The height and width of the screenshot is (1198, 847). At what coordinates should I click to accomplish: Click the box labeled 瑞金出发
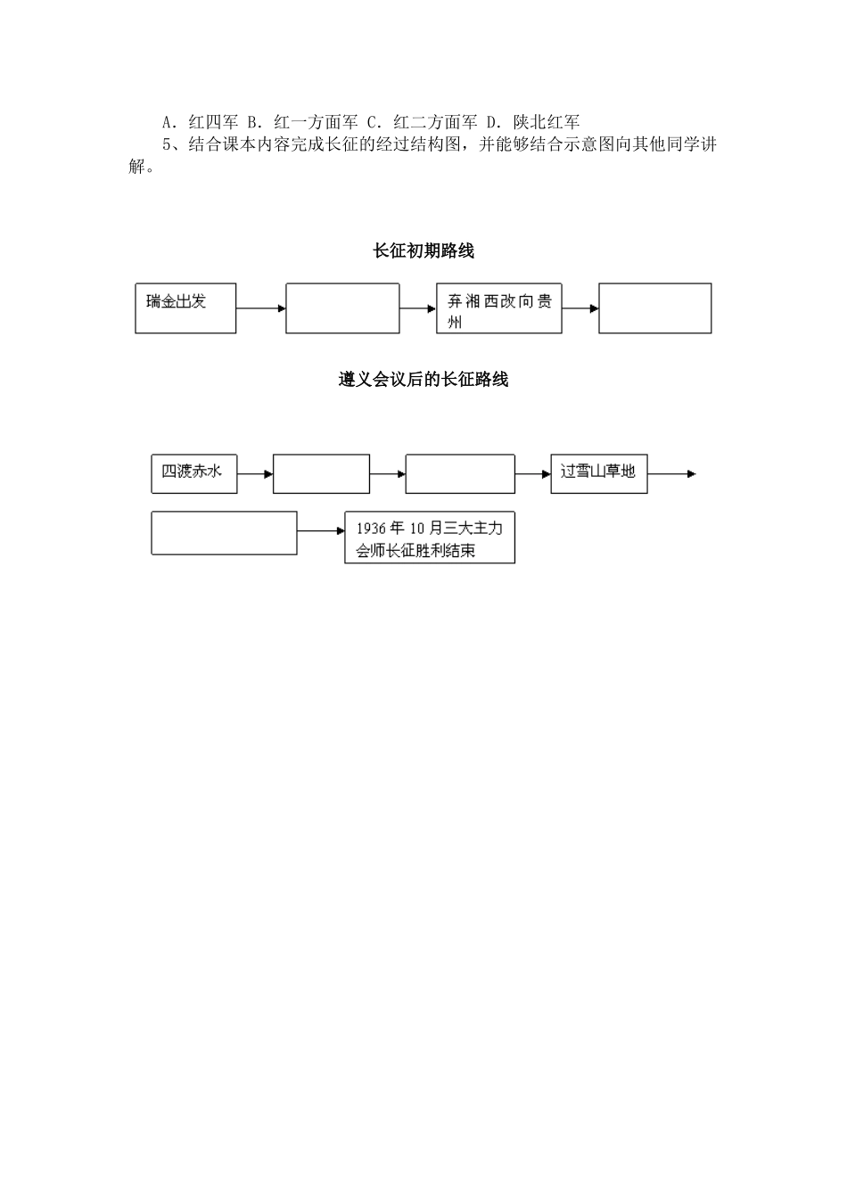pyautogui.click(x=185, y=308)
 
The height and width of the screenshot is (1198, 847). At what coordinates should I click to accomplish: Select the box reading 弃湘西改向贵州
pyautogui.click(x=499, y=309)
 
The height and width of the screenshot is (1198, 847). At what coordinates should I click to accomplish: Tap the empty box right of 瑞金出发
pyautogui.click(x=342, y=308)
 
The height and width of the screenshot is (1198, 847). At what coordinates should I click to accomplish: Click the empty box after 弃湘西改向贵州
pyautogui.click(x=654, y=308)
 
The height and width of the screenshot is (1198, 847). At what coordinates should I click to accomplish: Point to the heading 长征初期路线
pyautogui.click(x=423, y=251)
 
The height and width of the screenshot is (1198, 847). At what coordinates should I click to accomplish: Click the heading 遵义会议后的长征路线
pyautogui.click(x=423, y=380)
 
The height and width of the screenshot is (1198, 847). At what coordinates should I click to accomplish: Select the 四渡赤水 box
pyautogui.click(x=193, y=473)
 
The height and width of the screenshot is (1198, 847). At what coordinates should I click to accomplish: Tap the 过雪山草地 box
pyautogui.click(x=598, y=472)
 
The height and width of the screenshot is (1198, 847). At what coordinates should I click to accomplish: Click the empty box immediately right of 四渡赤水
pyautogui.click(x=321, y=473)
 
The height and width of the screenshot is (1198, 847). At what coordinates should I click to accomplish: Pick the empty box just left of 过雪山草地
pyautogui.click(x=460, y=473)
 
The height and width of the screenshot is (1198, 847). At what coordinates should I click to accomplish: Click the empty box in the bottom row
pyautogui.click(x=224, y=533)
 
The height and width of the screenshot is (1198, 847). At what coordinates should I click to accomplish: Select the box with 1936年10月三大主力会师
pyautogui.click(x=430, y=537)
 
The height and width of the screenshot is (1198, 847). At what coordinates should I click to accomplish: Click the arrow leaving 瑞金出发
pyautogui.click(x=260, y=308)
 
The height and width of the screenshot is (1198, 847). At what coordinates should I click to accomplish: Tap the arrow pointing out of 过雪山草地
pyautogui.click(x=672, y=474)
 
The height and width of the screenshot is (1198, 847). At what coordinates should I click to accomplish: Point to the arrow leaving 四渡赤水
pyautogui.click(x=255, y=474)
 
